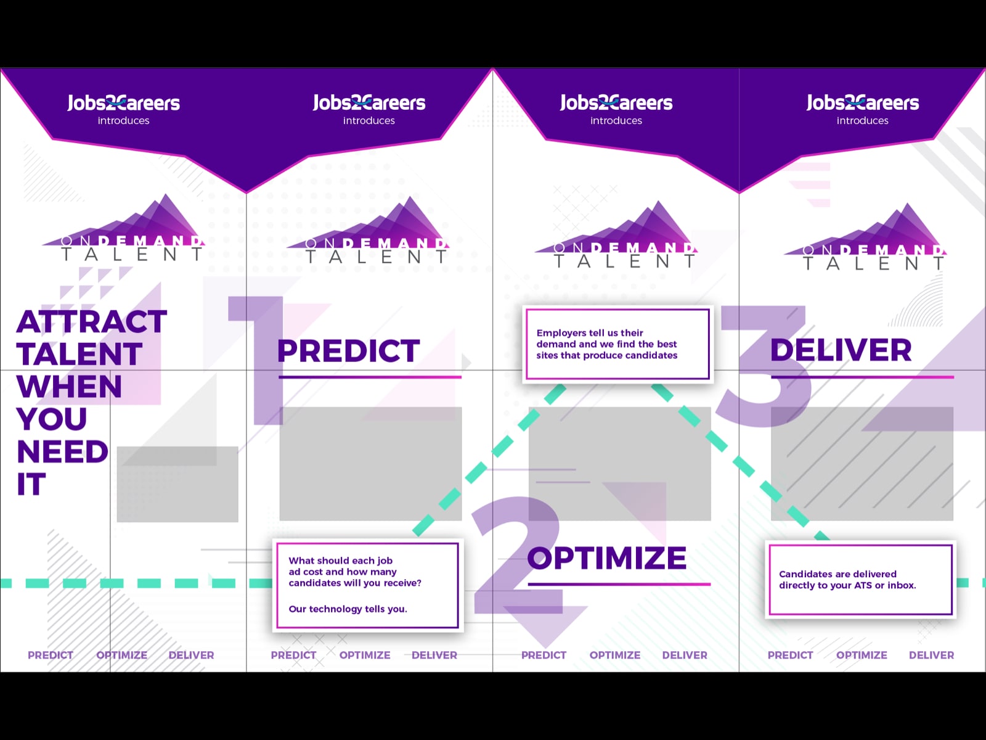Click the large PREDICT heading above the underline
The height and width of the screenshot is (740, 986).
(348, 350)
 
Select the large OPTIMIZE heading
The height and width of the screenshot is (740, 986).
(607, 558)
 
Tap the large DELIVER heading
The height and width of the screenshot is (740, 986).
(841, 350)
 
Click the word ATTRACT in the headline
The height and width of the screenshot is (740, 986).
(92, 322)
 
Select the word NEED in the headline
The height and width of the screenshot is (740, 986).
(62, 451)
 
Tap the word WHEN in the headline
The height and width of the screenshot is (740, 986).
(69, 387)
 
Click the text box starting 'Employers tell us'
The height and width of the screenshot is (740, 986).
(617, 344)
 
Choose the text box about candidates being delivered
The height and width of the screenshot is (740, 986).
(860, 580)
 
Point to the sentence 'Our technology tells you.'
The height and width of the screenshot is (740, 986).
(348, 609)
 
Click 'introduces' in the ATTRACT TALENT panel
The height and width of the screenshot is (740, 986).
(123, 120)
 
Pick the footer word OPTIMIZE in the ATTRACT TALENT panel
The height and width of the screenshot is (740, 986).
(122, 655)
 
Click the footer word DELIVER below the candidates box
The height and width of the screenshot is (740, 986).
(931, 655)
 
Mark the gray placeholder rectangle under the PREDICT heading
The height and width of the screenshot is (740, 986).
(370, 464)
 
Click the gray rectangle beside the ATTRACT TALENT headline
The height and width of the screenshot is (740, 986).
(177, 484)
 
